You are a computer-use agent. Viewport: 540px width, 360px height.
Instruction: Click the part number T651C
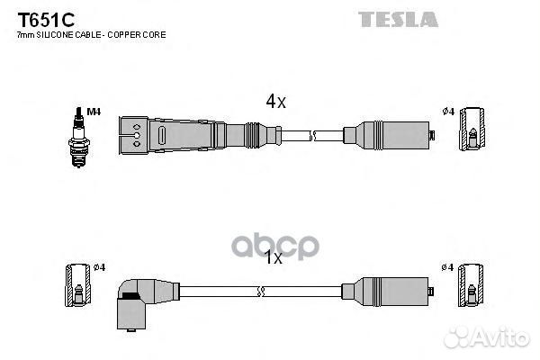click(x=46, y=20)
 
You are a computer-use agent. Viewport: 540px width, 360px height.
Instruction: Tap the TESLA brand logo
click(x=398, y=19)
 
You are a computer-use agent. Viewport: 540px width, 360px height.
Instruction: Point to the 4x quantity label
click(x=275, y=102)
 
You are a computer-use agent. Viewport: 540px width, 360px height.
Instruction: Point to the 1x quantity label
click(x=273, y=257)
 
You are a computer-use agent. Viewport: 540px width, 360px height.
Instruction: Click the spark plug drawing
click(x=79, y=137)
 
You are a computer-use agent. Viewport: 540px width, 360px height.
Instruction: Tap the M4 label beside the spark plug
click(x=94, y=112)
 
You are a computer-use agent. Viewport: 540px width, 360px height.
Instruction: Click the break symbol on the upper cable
click(x=312, y=135)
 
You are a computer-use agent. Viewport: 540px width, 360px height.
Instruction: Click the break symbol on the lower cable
click(x=260, y=292)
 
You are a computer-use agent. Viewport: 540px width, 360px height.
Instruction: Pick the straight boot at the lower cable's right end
click(x=387, y=292)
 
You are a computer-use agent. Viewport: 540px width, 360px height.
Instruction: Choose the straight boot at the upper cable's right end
click(x=389, y=135)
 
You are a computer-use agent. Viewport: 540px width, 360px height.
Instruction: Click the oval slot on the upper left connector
click(x=161, y=135)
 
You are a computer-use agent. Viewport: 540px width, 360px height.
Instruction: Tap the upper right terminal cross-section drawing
click(x=472, y=129)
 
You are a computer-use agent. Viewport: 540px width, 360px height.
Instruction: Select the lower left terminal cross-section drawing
click(x=77, y=285)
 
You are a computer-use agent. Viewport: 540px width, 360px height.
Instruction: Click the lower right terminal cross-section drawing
click(x=471, y=285)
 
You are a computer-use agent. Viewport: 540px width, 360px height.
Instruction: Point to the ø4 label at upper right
click(x=448, y=112)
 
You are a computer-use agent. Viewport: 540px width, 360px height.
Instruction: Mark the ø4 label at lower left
click(x=100, y=267)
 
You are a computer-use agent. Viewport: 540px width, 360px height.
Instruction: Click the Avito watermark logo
click(x=486, y=337)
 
